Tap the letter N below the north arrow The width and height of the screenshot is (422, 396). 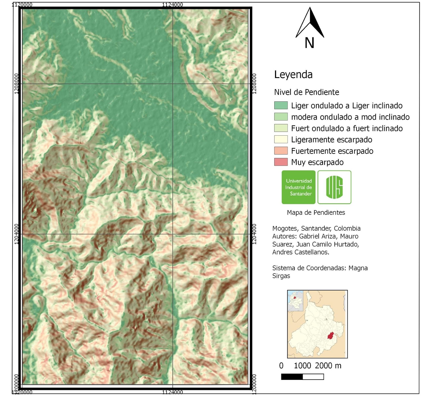[x=309, y=43]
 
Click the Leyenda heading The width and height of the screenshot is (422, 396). [x=293, y=75]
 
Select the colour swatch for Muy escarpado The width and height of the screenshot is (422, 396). [x=281, y=162]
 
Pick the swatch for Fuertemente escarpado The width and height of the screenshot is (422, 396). [x=281, y=151]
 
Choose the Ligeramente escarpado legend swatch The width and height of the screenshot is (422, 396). [x=281, y=139]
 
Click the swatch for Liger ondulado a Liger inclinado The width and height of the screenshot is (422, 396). [x=281, y=105]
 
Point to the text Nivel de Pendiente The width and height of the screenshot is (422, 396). [x=306, y=92]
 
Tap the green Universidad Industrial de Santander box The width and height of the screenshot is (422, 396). [x=298, y=187]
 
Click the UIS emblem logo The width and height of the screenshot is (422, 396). [x=334, y=187]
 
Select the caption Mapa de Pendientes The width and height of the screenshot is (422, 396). [x=316, y=212]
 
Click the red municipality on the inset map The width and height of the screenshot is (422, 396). [x=330, y=336]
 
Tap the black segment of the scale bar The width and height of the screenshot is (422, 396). [x=292, y=377]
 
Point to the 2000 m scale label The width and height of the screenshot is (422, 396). [x=328, y=366]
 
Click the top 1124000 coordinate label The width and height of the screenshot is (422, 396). [x=172, y=4]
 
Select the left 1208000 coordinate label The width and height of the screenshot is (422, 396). [x=17, y=83]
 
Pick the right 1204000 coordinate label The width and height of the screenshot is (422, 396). [x=254, y=234]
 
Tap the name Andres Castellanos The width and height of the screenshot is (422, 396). [x=300, y=252]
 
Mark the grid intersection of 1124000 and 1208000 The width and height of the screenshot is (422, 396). [x=173, y=84]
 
